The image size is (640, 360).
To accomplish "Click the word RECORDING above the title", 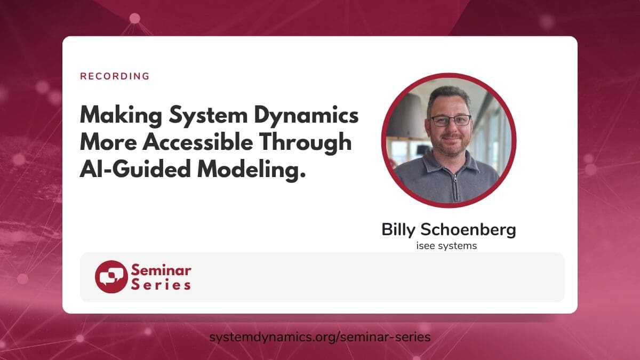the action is coord(115,76).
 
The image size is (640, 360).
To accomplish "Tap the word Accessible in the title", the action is coord(198,142).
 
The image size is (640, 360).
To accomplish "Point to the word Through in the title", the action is coord(306,143).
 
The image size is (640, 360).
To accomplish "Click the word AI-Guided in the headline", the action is coord(135,169).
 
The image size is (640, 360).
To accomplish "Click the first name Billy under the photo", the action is coord(398,230).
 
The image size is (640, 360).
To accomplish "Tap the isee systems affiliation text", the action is coord(446,246).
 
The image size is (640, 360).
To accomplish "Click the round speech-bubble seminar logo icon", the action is coord(111,277).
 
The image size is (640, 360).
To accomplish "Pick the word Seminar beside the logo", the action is coord(161,269).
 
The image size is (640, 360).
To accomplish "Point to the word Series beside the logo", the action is coord(161,285).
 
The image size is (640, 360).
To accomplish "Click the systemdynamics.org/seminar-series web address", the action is coord(320,337).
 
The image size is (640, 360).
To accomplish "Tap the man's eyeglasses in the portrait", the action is coord(451,121).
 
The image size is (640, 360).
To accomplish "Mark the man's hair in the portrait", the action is coord(449,97).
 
